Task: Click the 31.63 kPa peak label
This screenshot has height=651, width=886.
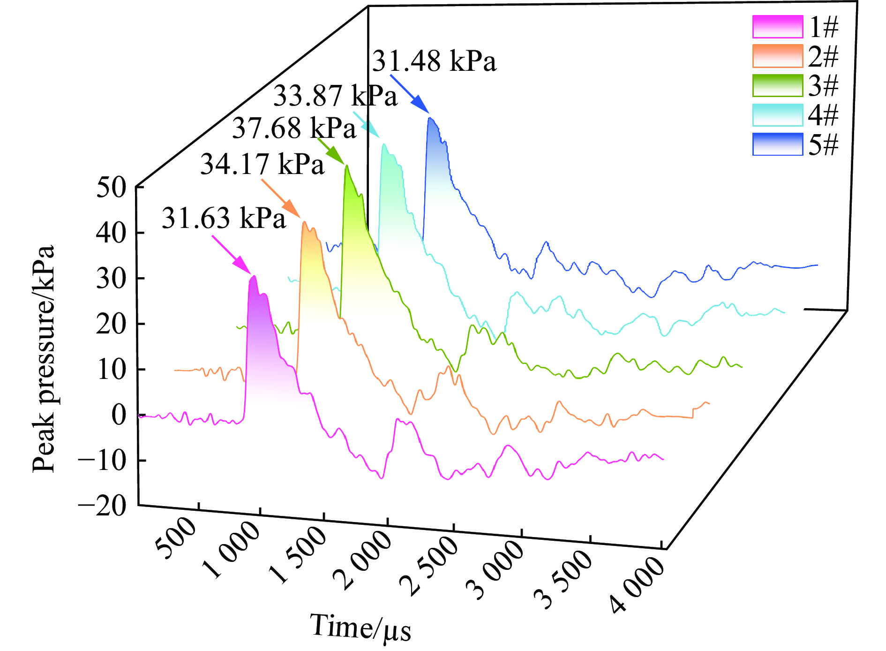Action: coord(224,219)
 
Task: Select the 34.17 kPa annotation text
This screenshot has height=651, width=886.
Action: coord(262,165)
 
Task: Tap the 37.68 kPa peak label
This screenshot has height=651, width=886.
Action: coord(294,128)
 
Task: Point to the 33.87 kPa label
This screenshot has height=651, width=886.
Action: coord(335,96)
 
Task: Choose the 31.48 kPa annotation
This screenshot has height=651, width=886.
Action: coord(434,61)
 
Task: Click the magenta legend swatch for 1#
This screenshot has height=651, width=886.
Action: coord(777,27)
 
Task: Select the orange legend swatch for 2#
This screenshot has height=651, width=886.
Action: coord(777,56)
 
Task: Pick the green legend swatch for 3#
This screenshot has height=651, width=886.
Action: coord(777,85)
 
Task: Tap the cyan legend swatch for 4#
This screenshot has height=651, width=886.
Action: coord(777,115)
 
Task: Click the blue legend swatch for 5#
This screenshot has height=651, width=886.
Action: coord(777,144)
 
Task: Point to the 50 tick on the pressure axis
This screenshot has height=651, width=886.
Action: coord(111,188)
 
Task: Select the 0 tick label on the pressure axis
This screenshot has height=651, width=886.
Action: coord(119,416)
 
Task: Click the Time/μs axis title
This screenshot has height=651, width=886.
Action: coord(360,628)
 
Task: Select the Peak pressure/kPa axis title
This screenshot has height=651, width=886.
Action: coord(44,358)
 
